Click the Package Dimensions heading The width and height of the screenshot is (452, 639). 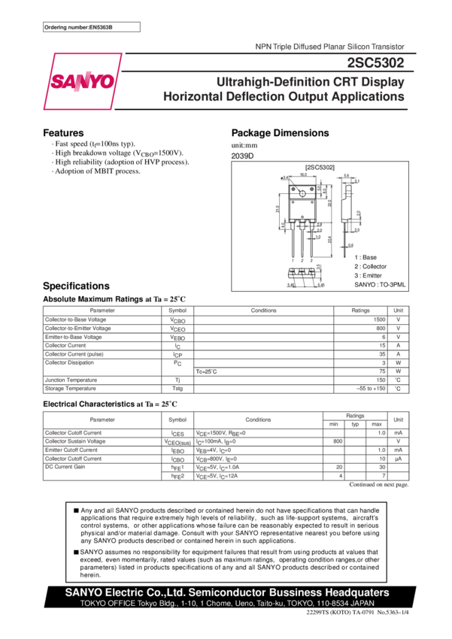click(280, 133)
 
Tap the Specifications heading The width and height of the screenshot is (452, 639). click(76, 286)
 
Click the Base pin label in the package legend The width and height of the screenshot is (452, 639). click(368, 258)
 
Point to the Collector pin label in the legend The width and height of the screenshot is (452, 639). click(372, 266)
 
